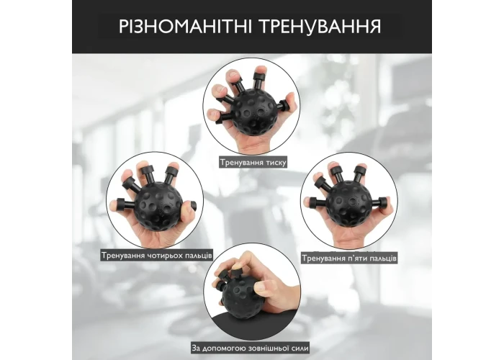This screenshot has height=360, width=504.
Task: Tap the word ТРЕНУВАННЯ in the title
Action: (x=320, y=27)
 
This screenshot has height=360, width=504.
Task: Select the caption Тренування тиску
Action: (x=253, y=162)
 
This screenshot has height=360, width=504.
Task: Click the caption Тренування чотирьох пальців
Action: (x=157, y=256)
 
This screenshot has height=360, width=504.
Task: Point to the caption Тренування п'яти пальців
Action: (x=349, y=258)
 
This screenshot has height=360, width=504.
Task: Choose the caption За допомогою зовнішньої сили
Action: (x=250, y=348)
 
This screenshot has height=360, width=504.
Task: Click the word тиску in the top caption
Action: (x=276, y=163)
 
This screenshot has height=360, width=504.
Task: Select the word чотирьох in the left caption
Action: (x=166, y=256)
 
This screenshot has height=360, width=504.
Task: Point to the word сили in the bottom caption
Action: (x=300, y=348)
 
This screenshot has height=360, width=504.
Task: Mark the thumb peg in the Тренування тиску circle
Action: (x=282, y=105)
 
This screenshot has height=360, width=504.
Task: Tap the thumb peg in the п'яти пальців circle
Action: (x=380, y=202)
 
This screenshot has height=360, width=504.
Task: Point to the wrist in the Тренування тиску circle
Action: (x=254, y=146)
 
